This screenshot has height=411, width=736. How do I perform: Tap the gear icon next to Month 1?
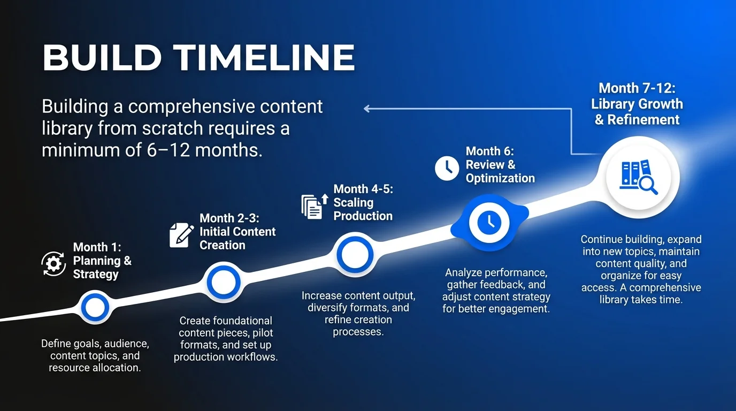53,263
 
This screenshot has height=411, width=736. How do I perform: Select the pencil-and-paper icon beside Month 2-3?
181,235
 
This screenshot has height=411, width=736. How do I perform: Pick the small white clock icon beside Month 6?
447,168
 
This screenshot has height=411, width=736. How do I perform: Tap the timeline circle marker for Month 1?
95,307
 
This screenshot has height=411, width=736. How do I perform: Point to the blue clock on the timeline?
489,221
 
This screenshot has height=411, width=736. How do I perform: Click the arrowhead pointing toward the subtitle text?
367,109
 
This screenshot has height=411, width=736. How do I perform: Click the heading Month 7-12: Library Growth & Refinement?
637,104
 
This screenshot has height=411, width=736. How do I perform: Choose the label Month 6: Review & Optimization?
500,165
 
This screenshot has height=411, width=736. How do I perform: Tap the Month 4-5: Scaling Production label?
363,203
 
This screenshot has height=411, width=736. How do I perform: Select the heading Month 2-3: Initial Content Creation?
237,232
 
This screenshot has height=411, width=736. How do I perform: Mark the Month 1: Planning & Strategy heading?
102,261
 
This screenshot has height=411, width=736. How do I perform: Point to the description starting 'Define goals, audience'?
95,355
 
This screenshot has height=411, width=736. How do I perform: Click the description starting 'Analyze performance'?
496,291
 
